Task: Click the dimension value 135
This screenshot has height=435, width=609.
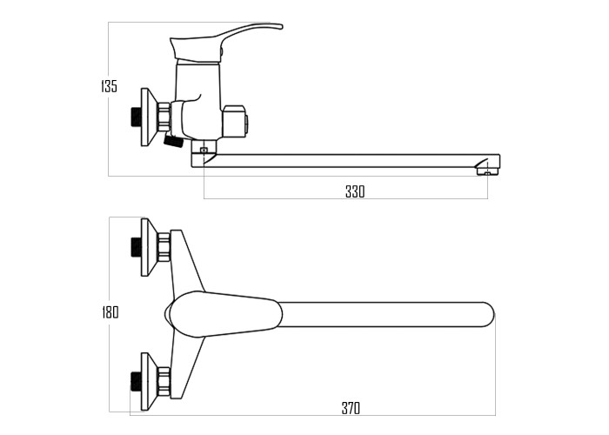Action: point(109,86)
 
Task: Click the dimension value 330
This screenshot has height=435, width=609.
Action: point(355,191)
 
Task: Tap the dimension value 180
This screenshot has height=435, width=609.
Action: point(110,311)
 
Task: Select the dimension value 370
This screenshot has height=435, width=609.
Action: point(351,408)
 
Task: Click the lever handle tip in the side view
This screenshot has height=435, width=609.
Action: point(280,26)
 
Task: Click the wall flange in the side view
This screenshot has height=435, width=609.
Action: point(149,117)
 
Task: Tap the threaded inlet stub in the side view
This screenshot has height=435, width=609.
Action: point(136,117)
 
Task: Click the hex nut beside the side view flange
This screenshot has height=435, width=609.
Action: point(164,117)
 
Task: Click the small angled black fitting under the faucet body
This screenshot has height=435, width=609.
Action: point(173,141)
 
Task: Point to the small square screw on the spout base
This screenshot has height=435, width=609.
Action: point(203,151)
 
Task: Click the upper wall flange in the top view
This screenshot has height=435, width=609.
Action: point(149,247)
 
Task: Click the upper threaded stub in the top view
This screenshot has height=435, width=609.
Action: point(136,247)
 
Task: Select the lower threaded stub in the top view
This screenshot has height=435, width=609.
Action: point(136,381)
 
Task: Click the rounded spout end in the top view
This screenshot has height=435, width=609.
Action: point(487,315)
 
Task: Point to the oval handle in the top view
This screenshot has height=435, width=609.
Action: point(224,314)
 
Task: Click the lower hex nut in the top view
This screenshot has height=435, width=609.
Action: point(164,382)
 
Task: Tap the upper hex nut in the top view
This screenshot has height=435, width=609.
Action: point(164,247)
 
